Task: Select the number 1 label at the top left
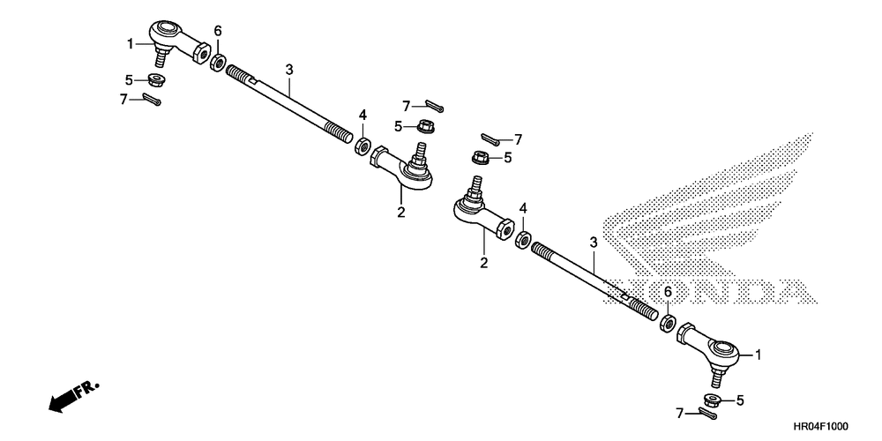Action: coord(131,43)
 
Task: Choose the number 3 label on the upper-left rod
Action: coord(288,69)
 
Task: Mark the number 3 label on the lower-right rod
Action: coord(594,242)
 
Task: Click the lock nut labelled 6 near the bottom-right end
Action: coord(669,323)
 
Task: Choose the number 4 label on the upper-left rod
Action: coord(362,116)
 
